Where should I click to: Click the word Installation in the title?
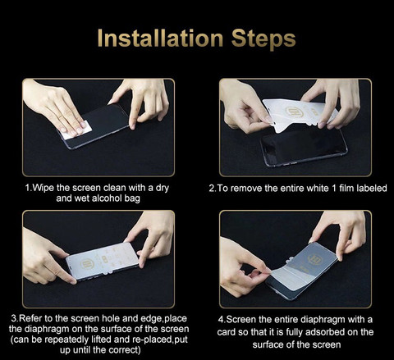pyautogui.click(x=160, y=39)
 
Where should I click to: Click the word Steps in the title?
pyautogui.click(x=263, y=40)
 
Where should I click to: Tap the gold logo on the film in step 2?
pyautogui.click(x=291, y=112)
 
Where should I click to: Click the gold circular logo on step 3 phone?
pyautogui.click(x=87, y=264)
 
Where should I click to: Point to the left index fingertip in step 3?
pyautogui.click(x=72, y=280)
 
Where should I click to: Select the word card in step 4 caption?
pyautogui.click(x=227, y=332)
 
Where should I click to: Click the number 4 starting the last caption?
pyautogui.click(x=221, y=320)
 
